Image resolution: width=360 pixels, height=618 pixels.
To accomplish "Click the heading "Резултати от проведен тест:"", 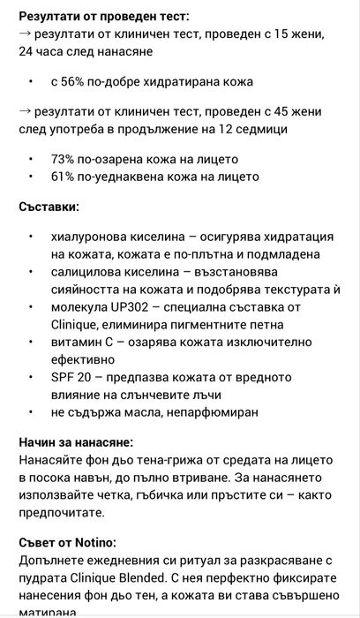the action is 103,16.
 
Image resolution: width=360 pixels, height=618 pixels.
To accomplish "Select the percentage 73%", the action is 64,159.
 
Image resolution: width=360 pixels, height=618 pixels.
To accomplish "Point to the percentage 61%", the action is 64,177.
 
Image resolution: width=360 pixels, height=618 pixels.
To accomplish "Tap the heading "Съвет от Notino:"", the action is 67,541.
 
